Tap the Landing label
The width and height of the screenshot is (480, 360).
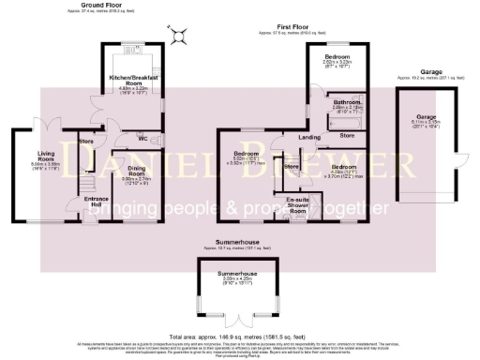pos(309,138)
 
